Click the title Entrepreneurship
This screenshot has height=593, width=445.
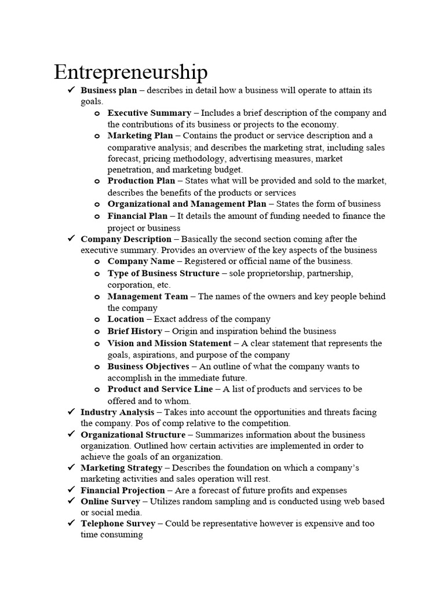(x=130, y=72)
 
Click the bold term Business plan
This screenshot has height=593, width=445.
(x=109, y=90)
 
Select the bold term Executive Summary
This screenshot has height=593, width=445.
(x=149, y=113)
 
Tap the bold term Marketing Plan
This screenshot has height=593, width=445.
(x=140, y=136)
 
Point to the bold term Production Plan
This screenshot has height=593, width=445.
(x=141, y=181)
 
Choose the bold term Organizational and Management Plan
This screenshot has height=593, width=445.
(x=187, y=204)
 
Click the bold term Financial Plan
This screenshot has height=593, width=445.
(x=137, y=216)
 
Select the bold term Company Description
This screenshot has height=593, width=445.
(x=126, y=239)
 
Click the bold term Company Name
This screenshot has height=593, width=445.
(x=141, y=261)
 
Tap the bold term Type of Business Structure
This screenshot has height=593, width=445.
(x=163, y=273)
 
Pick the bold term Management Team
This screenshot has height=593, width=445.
(x=148, y=296)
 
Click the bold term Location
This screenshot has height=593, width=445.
(x=126, y=319)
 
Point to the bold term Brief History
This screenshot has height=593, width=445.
(x=134, y=331)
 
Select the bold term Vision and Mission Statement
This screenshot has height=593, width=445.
(x=169, y=343)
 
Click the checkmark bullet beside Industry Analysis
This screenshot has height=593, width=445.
(x=71, y=412)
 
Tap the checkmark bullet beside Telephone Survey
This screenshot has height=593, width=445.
(x=71, y=523)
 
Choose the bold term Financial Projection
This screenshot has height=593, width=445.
(x=123, y=490)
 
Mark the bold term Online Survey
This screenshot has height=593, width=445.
(x=110, y=502)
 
